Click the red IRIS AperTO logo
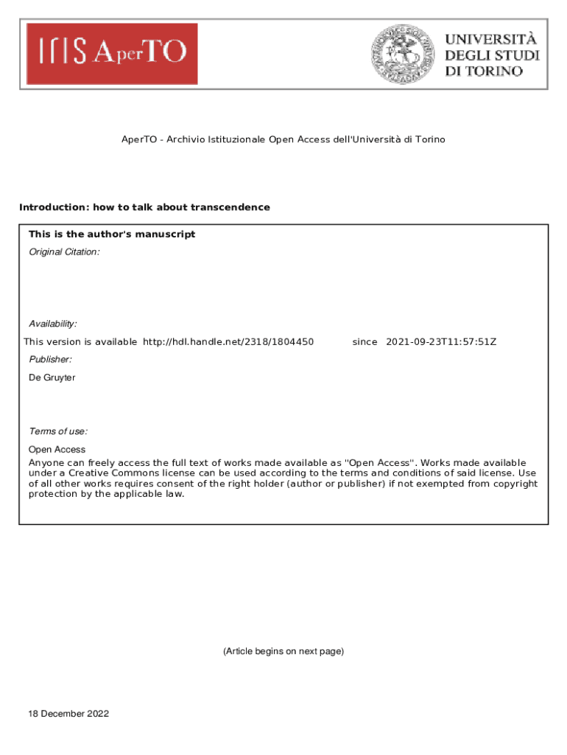point(112,53)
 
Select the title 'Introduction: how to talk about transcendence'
point(144,207)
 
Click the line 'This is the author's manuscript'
point(112,234)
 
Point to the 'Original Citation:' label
point(63,252)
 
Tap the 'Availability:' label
point(52,324)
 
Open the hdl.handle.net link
point(228,342)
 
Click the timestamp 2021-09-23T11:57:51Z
point(441,342)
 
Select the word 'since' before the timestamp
point(364,342)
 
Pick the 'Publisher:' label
point(50,359)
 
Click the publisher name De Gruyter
point(52,377)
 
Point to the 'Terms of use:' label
point(58,431)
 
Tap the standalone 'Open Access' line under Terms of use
point(57,450)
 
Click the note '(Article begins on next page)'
point(283,651)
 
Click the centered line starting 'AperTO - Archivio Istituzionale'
point(283,139)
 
